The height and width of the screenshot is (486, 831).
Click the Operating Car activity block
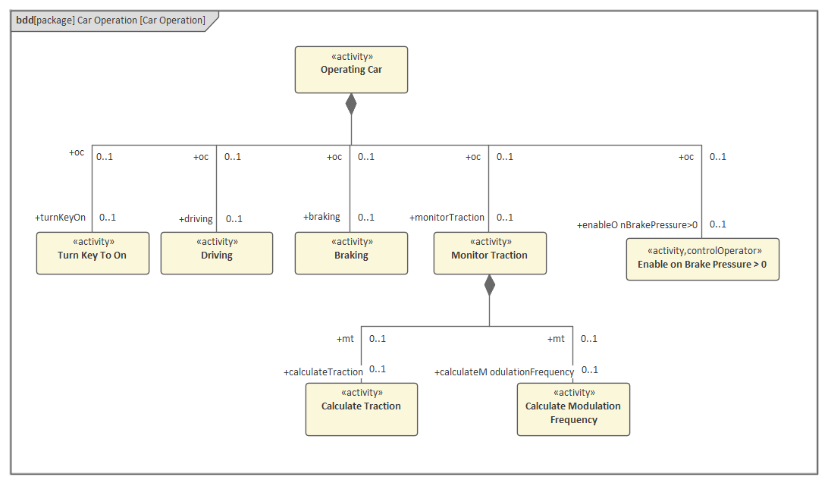tap(351, 70)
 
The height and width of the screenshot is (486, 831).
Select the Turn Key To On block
tap(93, 253)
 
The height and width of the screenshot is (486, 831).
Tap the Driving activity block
tap(217, 253)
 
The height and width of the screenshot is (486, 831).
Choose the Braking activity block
tap(351, 253)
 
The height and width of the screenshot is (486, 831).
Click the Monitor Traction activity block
tap(490, 253)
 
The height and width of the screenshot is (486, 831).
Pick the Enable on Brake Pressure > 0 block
tap(702, 259)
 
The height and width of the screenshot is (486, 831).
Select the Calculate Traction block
tap(361, 409)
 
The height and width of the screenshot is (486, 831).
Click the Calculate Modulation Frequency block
tap(573, 409)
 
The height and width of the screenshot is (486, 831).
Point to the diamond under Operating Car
tap(351, 104)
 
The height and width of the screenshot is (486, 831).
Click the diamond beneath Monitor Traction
tap(490, 285)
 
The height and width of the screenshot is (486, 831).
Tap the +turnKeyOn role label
tap(61, 218)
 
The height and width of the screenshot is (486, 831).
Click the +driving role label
tap(196, 219)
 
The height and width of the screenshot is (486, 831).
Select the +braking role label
tap(321, 217)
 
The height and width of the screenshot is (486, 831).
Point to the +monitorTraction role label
tap(447, 218)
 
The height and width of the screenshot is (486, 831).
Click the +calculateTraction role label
tap(323, 372)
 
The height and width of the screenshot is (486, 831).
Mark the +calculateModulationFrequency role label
tap(504, 372)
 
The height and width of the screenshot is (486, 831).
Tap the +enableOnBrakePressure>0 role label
tap(637, 225)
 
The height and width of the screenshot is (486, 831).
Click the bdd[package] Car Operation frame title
tap(111, 20)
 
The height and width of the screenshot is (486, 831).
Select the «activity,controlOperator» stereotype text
tap(702, 251)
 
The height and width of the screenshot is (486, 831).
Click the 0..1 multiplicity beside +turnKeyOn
tap(108, 218)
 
